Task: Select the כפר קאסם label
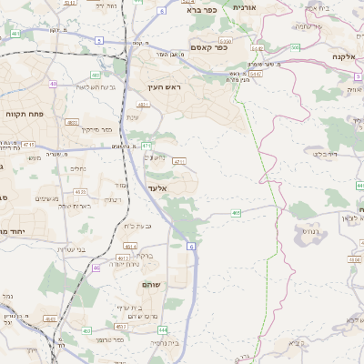[x=207, y=46]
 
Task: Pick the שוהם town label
[x=151, y=285]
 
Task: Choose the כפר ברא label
[x=200, y=11]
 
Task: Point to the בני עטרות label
[x=68, y=248]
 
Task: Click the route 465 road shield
[x=236, y=213]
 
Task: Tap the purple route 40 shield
[x=54, y=84]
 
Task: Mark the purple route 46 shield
[x=96, y=268]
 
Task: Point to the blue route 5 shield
[x=98, y=40]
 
